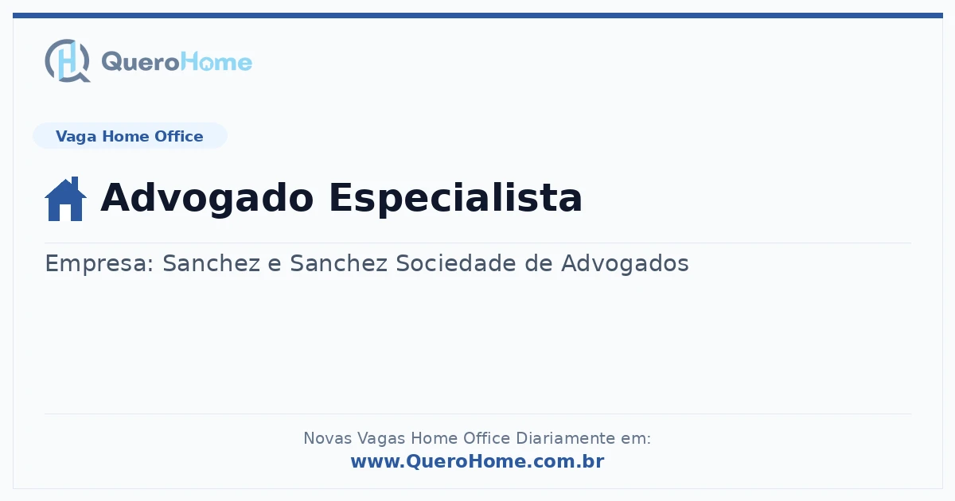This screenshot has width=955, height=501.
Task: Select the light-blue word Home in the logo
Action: click(x=216, y=62)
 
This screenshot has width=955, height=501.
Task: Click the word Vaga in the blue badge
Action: click(x=76, y=137)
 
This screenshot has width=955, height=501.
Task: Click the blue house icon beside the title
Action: click(x=65, y=199)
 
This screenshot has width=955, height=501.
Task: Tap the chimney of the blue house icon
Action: click(x=75, y=183)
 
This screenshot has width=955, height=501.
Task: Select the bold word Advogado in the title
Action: click(x=207, y=198)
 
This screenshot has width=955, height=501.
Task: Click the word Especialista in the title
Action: click(x=456, y=198)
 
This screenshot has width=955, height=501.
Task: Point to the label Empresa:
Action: click(x=99, y=264)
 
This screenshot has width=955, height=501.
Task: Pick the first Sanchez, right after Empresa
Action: click(x=212, y=263)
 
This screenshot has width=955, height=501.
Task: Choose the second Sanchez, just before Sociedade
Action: click(x=339, y=263)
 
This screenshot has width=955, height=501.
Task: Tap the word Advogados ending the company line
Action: click(x=625, y=263)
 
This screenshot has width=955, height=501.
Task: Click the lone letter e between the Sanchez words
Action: click(x=275, y=265)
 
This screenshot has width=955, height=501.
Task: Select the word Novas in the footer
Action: click(x=327, y=438)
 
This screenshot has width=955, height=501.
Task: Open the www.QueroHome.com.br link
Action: click(x=477, y=461)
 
